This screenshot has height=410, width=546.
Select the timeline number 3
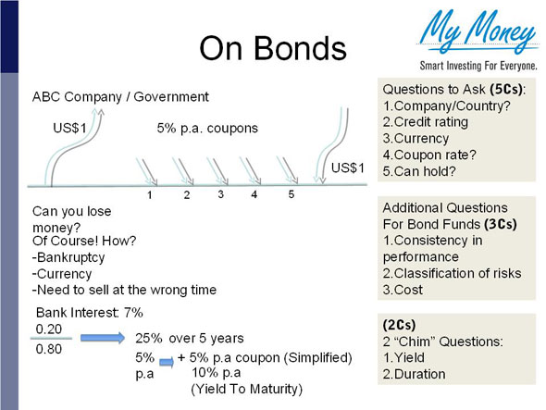coord(221,194)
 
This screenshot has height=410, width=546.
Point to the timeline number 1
coord(149,195)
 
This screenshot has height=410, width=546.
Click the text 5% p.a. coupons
coord(207,129)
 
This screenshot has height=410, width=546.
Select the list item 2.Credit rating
coord(426,120)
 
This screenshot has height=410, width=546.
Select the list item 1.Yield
coord(405,358)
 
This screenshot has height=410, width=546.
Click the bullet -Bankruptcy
coord(66,259)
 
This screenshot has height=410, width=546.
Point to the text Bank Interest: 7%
coord(89,312)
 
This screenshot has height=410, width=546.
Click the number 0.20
coord(49,329)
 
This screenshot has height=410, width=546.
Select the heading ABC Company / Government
coord(120,96)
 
